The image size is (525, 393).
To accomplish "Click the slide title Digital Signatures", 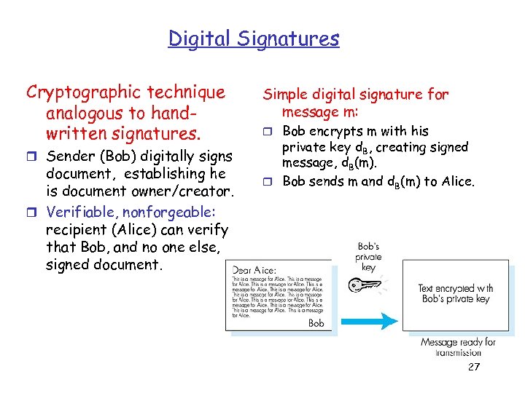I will coord(254,38).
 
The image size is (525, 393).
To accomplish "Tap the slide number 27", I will coord(474,367).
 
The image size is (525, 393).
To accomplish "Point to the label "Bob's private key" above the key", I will coord(368,256).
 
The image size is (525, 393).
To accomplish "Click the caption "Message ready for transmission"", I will coord(458,347).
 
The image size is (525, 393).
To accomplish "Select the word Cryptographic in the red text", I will coord(82,92).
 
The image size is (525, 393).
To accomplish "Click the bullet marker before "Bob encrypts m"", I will coord(268,132).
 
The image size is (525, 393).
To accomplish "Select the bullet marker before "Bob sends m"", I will coord(268,181).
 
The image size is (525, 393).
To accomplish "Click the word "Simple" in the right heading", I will coord(287,95).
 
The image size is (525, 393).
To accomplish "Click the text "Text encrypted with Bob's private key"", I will coord(455,293).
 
